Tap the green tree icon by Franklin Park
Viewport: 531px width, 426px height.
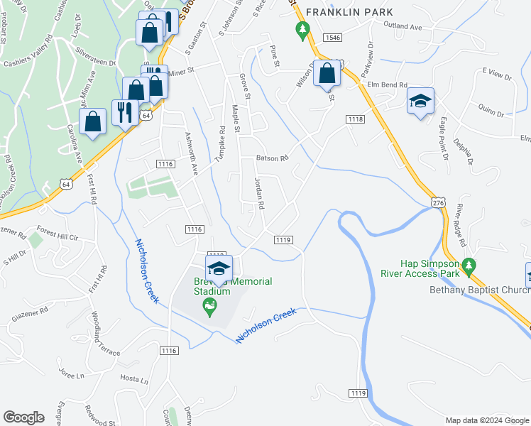[x=303, y=31]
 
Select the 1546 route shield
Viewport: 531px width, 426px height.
[x=332, y=36]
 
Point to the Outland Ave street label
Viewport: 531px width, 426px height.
[x=402, y=26]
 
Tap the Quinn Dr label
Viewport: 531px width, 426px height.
[x=490, y=111]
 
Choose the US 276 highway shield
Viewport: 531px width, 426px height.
[x=437, y=203]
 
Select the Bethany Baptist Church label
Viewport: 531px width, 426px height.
[x=479, y=290]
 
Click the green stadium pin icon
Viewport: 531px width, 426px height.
[x=209, y=307]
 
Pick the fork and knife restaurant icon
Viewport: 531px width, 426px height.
[x=125, y=111]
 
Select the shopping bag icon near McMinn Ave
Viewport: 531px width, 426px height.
[x=93, y=121]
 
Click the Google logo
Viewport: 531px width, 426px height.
[x=23, y=417]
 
